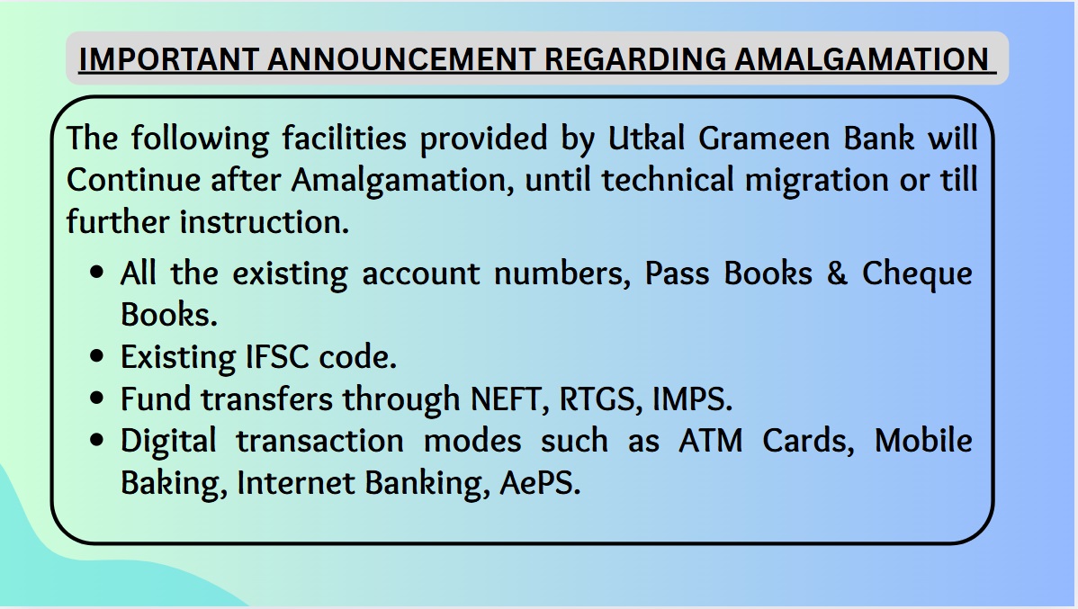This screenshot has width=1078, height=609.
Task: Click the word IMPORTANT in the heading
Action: (168, 59)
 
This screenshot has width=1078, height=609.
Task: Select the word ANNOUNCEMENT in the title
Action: (401, 59)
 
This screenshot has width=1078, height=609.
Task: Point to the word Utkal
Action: (646, 139)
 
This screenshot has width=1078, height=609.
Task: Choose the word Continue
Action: (133, 180)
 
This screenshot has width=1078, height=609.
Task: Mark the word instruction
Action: (265, 222)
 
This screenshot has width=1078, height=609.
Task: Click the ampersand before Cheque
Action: (837, 273)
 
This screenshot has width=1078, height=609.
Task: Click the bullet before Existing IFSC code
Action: (97, 357)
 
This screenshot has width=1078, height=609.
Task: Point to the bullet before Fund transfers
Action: (97, 399)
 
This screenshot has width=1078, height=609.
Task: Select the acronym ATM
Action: (711, 441)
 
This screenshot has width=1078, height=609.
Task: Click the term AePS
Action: (540, 482)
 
